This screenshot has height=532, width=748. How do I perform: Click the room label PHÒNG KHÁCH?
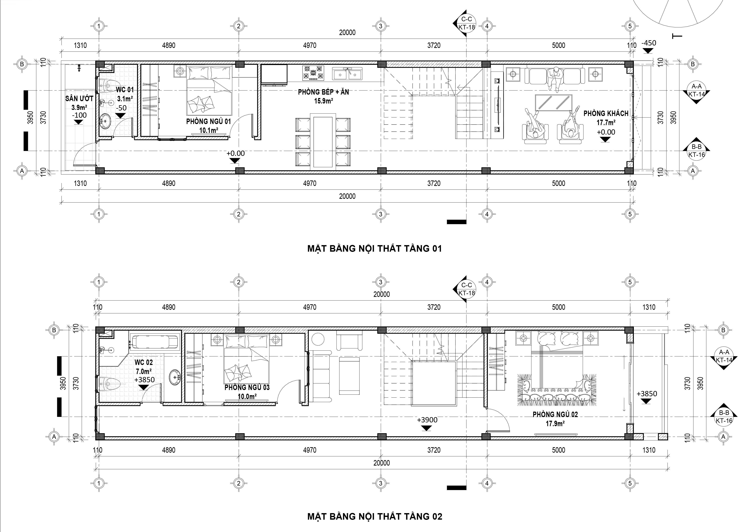click(x=606, y=113)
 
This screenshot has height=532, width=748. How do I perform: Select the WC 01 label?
click(x=125, y=90)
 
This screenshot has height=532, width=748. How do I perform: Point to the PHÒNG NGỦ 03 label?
click(x=247, y=387)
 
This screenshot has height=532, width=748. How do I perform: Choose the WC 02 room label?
click(x=143, y=362)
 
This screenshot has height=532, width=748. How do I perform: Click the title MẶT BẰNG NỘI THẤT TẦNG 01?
click(x=375, y=248)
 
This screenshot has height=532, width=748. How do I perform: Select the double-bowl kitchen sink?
click(x=347, y=74)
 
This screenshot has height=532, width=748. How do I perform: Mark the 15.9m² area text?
click(x=324, y=101)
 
